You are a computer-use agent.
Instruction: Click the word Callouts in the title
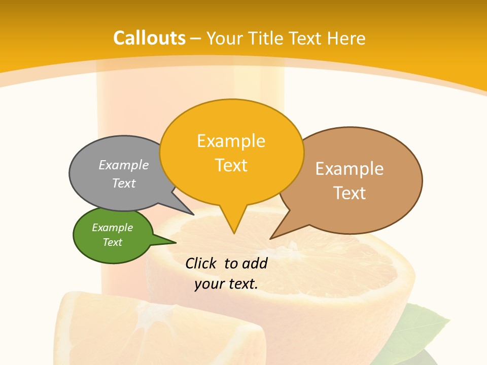[x=149, y=38]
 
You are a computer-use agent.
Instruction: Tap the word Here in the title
[x=346, y=39]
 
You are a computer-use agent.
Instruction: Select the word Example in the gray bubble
[x=124, y=165]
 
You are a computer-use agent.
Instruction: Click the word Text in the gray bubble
[x=124, y=183]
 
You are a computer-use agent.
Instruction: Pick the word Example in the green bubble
[x=112, y=228]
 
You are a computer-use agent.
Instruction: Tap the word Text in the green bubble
[x=112, y=242]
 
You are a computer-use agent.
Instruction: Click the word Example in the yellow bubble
[x=231, y=141]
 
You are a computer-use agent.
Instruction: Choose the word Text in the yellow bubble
[x=231, y=165]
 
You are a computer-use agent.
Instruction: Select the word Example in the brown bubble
[x=350, y=169]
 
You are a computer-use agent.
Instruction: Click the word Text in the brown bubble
[x=350, y=193]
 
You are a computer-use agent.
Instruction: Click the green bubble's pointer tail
[x=167, y=241]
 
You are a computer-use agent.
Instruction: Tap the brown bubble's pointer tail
[x=276, y=234]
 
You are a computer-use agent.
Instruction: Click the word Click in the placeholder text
[x=202, y=264]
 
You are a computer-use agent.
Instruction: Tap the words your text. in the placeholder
[x=226, y=284]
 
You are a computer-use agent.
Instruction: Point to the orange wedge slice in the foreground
[x=152, y=330]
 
